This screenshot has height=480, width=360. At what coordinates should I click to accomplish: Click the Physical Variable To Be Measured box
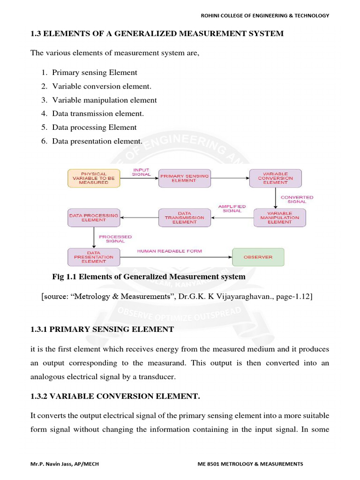[x=94, y=179]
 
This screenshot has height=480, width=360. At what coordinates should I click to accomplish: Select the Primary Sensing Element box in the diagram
[x=185, y=179]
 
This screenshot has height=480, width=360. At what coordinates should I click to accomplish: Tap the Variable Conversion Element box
[x=275, y=179]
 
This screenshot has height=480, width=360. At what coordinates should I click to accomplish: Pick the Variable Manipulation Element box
[x=279, y=218]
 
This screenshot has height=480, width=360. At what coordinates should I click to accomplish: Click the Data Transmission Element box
[x=185, y=218]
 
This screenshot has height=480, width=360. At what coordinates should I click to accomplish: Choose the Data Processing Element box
[x=94, y=218]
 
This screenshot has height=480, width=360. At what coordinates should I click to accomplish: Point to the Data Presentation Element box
[x=94, y=257]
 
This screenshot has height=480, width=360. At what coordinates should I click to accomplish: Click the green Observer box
[x=258, y=257]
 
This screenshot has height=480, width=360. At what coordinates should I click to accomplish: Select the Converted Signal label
[x=297, y=199]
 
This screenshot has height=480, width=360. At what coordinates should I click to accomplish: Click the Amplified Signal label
[x=232, y=209]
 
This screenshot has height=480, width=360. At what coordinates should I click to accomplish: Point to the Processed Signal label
[x=115, y=239]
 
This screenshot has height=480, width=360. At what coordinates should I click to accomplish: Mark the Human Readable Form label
[x=170, y=251]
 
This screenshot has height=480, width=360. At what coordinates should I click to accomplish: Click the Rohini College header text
[x=265, y=15]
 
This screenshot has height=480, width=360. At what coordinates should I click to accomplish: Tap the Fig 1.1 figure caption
[x=149, y=277]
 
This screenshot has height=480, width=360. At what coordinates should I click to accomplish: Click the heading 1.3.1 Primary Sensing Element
[x=102, y=330]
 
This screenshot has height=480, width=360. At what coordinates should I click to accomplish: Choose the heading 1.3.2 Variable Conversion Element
[x=115, y=397]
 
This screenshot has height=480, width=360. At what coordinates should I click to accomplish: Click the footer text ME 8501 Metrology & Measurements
[x=250, y=464]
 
